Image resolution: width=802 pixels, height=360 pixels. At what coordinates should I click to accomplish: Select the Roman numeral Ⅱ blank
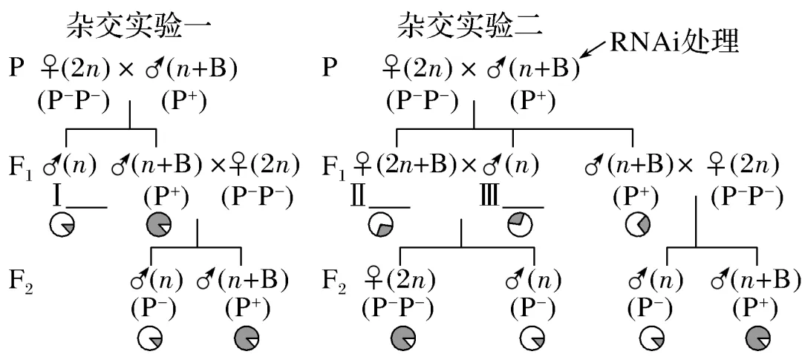[x=379, y=198]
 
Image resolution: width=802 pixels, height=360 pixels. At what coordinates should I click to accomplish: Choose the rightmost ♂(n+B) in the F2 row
[x=756, y=282]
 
